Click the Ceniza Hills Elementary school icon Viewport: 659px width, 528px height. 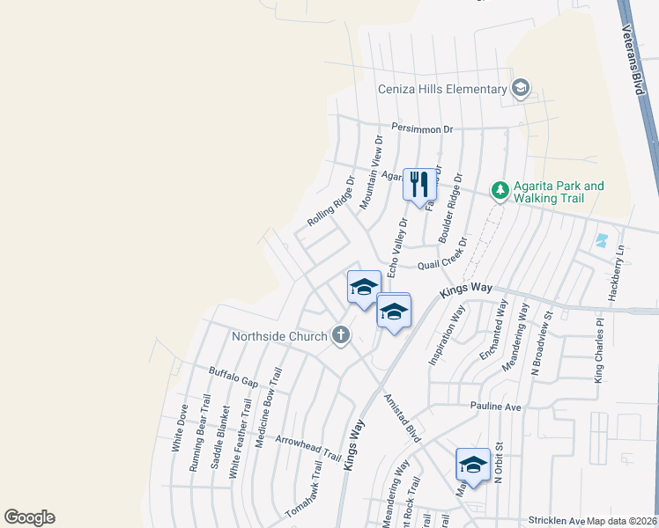click(x=520, y=88)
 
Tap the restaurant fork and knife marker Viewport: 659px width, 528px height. click(x=419, y=184)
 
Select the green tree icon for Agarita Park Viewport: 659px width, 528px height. click(x=500, y=190)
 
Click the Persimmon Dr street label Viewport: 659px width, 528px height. click(x=423, y=129)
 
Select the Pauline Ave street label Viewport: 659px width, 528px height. click(x=496, y=407)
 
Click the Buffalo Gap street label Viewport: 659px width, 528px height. click(x=233, y=377)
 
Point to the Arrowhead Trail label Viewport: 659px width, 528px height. click(x=307, y=448)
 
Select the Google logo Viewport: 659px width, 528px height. click(x=29, y=517)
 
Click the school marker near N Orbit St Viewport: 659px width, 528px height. click(x=472, y=466)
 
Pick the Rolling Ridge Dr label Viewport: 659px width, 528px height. click(x=330, y=202)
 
